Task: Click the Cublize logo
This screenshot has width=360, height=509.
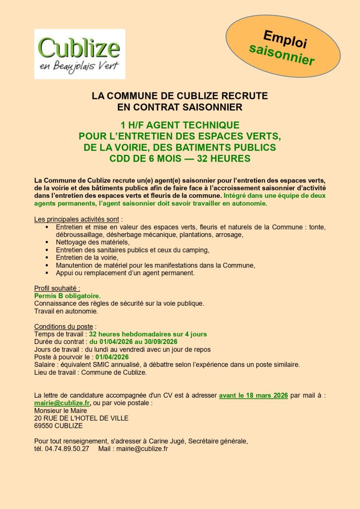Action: (80, 54)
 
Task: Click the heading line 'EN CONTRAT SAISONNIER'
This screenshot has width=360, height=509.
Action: (180, 106)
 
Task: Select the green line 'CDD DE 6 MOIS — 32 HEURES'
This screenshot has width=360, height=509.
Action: (180, 159)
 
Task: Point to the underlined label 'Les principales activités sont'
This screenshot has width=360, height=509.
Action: (77, 219)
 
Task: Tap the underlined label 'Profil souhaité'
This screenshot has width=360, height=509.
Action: (57, 288)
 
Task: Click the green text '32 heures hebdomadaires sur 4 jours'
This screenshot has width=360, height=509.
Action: (148, 334)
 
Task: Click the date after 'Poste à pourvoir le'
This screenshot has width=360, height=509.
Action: (112, 357)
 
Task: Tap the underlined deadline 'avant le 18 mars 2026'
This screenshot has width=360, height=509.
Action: (254, 396)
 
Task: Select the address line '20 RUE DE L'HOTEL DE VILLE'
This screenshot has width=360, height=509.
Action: (81, 418)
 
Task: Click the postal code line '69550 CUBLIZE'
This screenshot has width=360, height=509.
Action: (58, 426)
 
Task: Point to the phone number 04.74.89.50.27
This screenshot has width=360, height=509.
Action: (68, 449)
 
